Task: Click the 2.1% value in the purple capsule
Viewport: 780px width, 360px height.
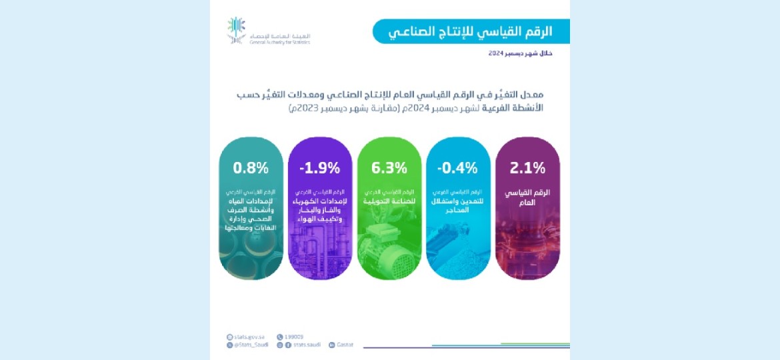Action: point(527,168)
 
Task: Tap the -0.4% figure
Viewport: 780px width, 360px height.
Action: point(458,168)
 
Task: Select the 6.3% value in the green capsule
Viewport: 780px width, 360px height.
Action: point(389,168)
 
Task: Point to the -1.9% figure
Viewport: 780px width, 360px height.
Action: point(320,168)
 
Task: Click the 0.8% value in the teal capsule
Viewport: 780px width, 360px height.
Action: point(251,168)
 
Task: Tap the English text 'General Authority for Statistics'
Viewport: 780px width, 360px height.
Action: point(279,41)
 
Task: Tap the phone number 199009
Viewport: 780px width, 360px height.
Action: point(294,337)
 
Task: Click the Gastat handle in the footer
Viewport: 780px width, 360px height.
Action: point(345,345)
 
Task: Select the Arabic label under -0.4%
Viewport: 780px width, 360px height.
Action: point(458,201)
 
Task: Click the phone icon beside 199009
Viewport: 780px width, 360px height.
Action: point(280,337)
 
